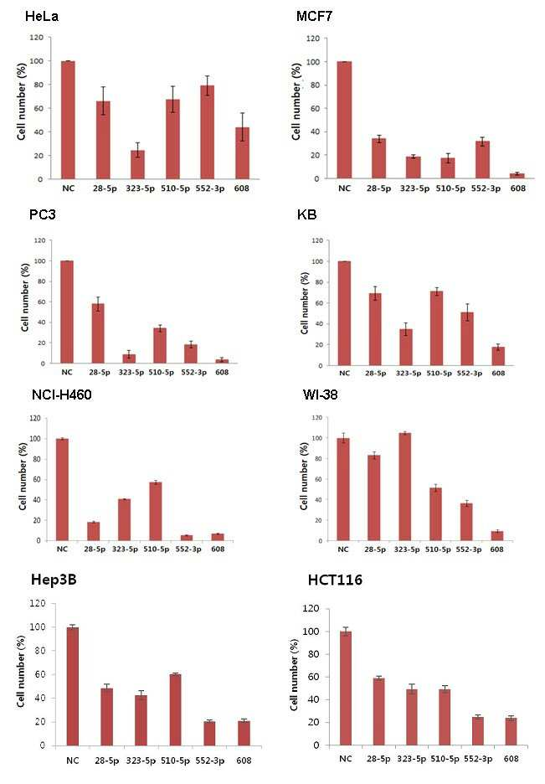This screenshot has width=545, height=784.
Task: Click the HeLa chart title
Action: pos(42,17)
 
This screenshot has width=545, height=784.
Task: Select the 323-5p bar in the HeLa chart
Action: pos(137,164)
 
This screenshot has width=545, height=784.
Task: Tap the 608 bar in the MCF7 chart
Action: pos(517,176)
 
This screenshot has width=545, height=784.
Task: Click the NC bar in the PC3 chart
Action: pos(66,312)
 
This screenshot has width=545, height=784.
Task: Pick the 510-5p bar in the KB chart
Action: pos(436,328)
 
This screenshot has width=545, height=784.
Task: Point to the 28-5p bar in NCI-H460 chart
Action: pos(94,532)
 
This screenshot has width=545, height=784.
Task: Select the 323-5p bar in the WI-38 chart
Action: pos(404,487)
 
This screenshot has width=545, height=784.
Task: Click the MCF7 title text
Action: pos(314,17)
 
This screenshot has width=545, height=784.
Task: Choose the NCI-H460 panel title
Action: pos(61,395)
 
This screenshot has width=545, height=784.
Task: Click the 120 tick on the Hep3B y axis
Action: pos(38,604)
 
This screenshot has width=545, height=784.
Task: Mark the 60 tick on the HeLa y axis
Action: pos(38,109)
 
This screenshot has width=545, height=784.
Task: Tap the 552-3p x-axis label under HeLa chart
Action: pos(210,188)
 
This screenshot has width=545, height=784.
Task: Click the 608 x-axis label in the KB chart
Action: pos(498,373)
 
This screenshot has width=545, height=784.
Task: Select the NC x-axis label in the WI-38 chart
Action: pos(343,549)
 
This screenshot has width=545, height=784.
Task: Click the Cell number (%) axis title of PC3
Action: pos(25,297)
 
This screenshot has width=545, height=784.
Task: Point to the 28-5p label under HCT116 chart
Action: pos(378,759)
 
